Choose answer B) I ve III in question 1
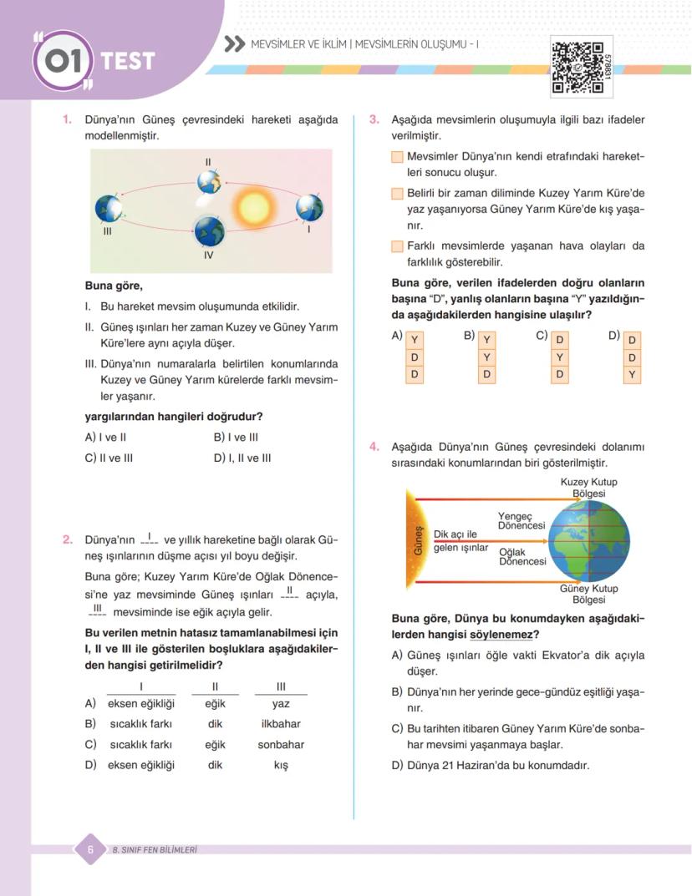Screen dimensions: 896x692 pyautogui.click(x=236, y=437)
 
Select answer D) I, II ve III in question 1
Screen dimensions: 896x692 pyautogui.click(x=242, y=458)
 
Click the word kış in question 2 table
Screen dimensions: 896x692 pyautogui.click(x=281, y=765)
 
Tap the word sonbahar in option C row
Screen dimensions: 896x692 pyautogui.click(x=281, y=744)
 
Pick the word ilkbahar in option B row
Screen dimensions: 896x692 pyautogui.click(x=281, y=724)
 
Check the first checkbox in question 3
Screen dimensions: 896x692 pyautogui.click(x=397, y=157)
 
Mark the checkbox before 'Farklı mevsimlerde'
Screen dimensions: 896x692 pyautogui.click(x=397, y=246)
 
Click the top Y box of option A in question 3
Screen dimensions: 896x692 pyautogui.click(x=415, y=340)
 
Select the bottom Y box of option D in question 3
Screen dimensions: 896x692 pyautogui.click(x=632, y=375)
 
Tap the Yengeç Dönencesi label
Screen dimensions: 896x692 pyautogui.click(x=522, y=521)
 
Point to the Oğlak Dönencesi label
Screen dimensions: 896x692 pyautogui.click(x=522, y=557)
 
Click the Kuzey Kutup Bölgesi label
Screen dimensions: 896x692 pyautogui.click(x=588, y=488)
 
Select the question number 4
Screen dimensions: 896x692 pyautogui.click(x=375, y=447)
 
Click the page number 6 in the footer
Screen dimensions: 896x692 pyautogui.click(x=89, y=849)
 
